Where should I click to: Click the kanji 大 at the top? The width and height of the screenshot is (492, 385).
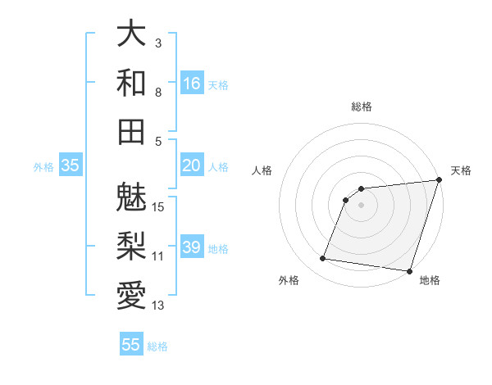coord(131,34)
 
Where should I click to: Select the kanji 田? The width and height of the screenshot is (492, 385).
coord(131,130)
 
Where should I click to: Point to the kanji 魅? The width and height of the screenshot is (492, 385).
coord(131,197)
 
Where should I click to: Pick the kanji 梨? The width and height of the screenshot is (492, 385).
coord(131,246)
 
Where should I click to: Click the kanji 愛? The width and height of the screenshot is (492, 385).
coord(131,294)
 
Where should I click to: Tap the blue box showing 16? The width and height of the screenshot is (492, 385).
coord(192,83)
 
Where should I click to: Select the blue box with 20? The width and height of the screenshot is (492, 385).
coord(192,165)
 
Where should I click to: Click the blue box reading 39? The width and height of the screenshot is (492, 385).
coord(192,247)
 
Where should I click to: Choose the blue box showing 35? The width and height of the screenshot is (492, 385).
coord(71,165)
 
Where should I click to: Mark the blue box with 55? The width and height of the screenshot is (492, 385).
coord(131,345)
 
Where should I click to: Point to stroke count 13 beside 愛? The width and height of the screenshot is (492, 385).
coord(158,306)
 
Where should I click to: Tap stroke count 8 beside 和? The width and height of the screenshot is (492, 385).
coord(158,93)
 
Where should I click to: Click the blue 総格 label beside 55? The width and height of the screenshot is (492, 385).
coord(157,346)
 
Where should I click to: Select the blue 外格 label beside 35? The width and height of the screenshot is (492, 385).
coord(43,167)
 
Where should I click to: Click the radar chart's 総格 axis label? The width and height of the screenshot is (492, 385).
coord(362,106)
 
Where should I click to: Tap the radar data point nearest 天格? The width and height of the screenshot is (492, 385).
coord(439,181)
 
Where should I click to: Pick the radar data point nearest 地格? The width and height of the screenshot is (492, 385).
coord(409,271)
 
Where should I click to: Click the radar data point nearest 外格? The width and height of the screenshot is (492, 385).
coord(322,259)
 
